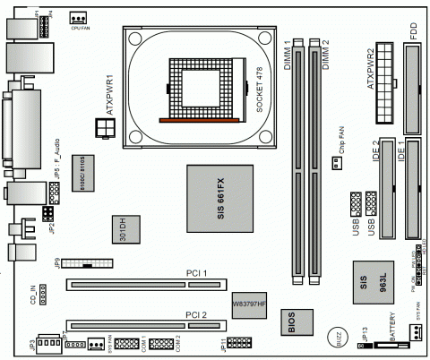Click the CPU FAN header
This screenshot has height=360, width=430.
(x=78, y=17)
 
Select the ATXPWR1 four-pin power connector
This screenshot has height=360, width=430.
(x=109, y=130)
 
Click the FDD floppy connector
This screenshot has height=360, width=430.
(x=414, y=85)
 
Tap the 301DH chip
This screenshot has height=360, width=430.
(x=125, y=230)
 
